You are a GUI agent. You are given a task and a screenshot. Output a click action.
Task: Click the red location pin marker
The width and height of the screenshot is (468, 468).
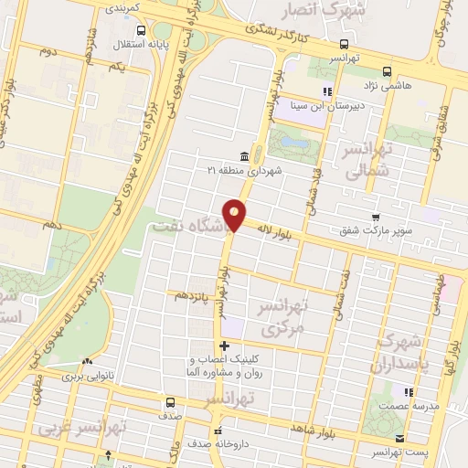coord(235,213)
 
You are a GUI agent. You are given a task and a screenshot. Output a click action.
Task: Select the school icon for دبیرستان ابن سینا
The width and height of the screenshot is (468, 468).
coord(326,90)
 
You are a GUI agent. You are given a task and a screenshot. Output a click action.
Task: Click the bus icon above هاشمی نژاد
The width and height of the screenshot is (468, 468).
coord(387,70)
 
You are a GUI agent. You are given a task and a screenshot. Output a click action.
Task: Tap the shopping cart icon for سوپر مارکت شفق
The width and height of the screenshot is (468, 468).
coord(376,218)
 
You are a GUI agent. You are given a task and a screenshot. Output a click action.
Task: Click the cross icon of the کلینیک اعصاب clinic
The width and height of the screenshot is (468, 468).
coord(225,346)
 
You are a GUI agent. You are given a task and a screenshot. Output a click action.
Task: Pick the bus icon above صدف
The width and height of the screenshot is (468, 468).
coord(169,402)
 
